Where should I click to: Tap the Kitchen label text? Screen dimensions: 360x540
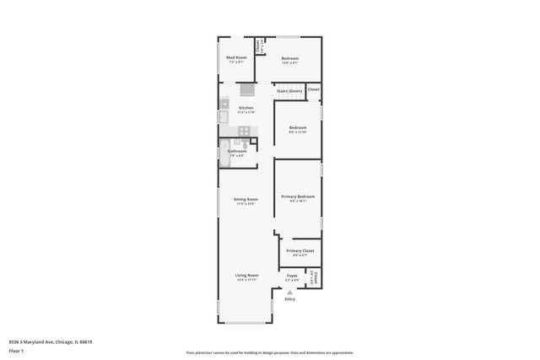246,109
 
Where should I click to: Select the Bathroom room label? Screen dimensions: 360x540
237,152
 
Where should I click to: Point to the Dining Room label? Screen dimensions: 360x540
246,200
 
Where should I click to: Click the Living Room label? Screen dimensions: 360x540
246,276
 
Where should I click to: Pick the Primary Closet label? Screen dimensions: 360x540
300,251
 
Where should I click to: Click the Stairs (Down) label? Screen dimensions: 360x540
289,91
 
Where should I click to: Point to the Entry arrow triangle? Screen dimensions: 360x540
290,292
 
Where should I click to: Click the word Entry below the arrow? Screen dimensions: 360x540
290,299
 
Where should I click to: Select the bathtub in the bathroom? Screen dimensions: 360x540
224,152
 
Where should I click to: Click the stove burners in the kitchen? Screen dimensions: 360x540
243,131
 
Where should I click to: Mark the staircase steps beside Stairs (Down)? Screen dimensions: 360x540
246,90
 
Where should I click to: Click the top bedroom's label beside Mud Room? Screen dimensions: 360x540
290,59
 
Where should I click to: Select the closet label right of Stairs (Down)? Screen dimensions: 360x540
313,89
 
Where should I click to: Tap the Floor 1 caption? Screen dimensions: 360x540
17,350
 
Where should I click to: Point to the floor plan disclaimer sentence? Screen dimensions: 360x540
269,352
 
